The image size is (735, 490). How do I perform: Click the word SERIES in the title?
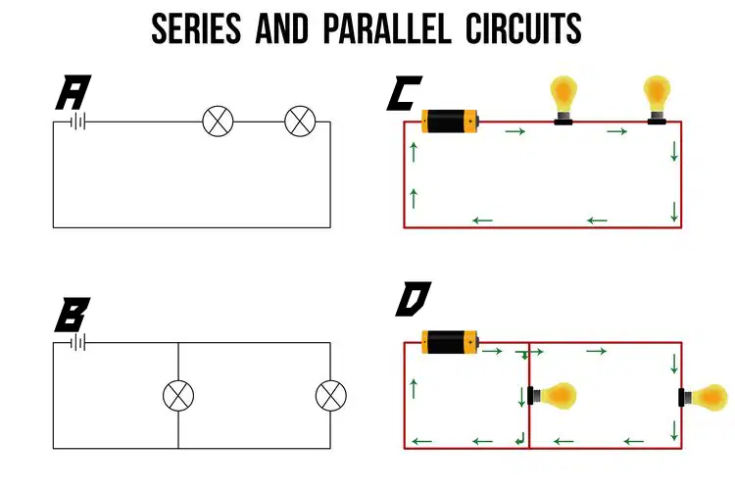[x=196, y=28]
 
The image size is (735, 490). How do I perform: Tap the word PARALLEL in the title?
[x=387, y=28]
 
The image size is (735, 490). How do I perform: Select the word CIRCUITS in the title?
[x=523, y=28]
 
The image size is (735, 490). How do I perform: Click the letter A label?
[x=73, y=92]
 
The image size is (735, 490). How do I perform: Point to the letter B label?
[x=73, y=315]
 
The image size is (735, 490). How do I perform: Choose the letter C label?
[x=404, y=93]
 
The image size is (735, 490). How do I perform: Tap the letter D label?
[x=413, y=299]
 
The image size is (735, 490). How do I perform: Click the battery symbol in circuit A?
[x=77, y=122]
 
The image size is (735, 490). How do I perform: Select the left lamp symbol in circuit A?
[x=218, y=122]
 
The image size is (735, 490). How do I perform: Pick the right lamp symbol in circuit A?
[x=300, y=122]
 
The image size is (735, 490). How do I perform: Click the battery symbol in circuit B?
[x=77, y=343]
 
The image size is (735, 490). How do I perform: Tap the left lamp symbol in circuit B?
[x=178, y=396]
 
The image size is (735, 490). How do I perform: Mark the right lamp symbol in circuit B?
[x=331, y=396]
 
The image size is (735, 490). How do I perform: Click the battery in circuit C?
[x=450, y=121]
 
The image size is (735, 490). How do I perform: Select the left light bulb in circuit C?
[x=563, y=100]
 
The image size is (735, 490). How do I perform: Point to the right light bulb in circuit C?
[x=657, y=100]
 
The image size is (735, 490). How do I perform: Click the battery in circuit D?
[x=450, y=342]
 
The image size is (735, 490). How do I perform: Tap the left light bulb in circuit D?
[x=552, y=396]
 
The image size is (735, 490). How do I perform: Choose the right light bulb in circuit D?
[x=704, y=397]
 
